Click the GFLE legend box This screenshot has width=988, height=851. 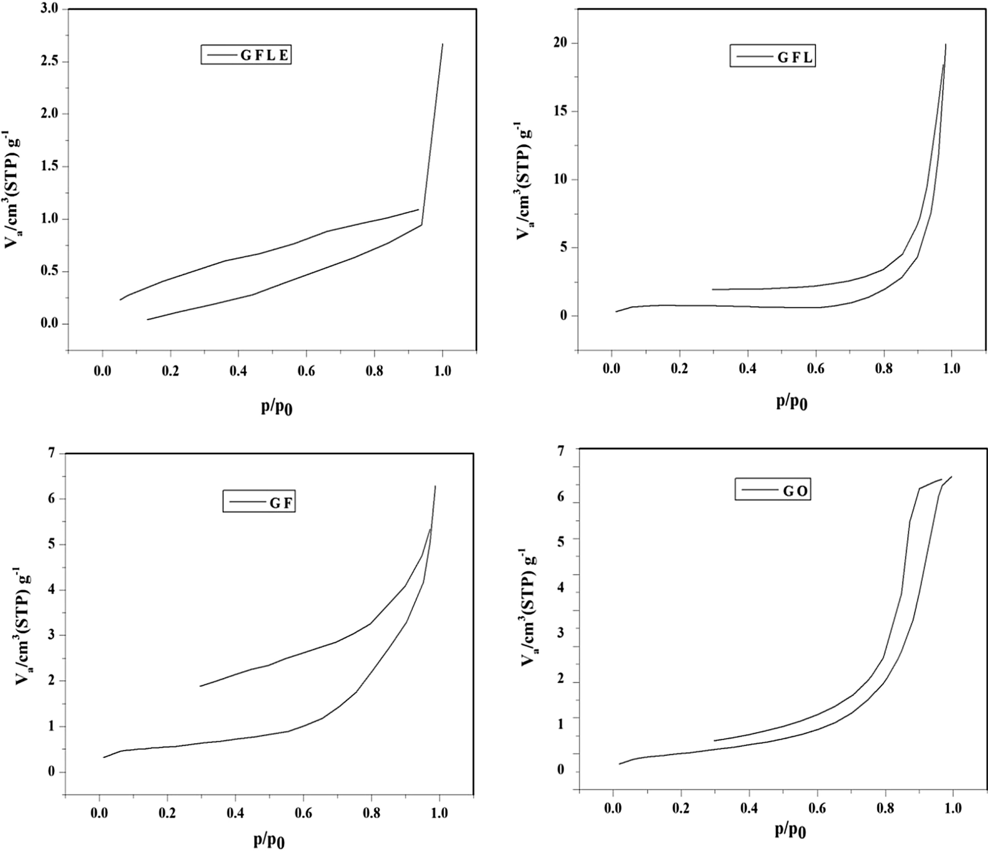click(x=246, y=54)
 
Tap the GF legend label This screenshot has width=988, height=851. click(x=259, y=501)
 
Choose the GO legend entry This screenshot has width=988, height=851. click(x=773, y=489)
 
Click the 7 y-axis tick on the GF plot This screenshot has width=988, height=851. click(x=51, y=453)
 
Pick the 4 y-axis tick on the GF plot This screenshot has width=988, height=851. click(x=51, y=590)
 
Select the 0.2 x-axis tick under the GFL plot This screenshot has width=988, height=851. click(x=679, y=368)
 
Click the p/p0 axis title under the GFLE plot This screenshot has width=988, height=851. click(x=276, y=407)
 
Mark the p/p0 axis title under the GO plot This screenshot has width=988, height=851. click(x=790, y=831)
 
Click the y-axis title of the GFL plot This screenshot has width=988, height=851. click(x=524, y=181)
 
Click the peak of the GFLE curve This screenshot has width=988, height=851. click(x=442, y=44)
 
